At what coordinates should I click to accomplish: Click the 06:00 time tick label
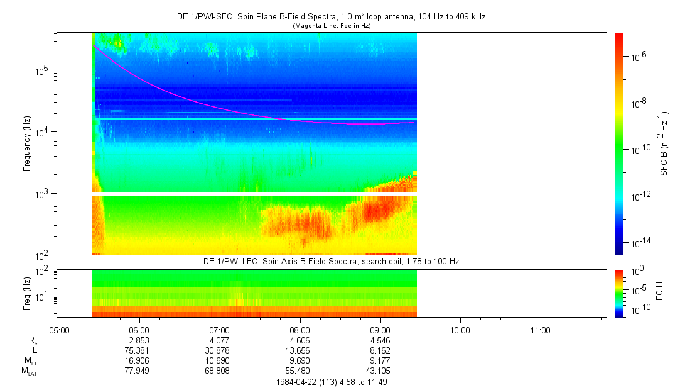(139, 330)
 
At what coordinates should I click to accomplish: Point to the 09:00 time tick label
(380, 330)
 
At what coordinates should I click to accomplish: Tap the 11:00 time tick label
(541, 330)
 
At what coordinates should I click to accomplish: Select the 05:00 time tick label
(58, 330)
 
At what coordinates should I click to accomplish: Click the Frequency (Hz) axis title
(27, 143)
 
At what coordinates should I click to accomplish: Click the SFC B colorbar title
(664, 143)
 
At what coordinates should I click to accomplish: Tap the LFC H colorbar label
(659, 293)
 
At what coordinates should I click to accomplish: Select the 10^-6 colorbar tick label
(629, 57)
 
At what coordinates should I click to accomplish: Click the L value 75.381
(139, 350)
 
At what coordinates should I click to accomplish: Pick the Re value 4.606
(300, 340)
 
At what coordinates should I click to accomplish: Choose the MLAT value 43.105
(380, 370)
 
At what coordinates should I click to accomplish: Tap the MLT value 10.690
(220, 360)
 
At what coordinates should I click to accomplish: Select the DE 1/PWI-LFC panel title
(332, 261)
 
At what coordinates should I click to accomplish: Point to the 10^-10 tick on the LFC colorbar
(631, 309)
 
